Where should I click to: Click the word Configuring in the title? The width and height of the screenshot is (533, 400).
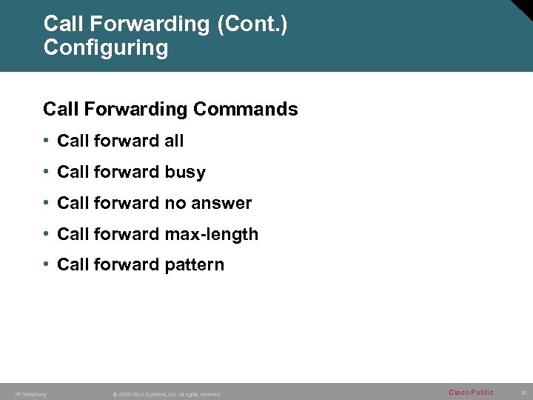[x=106, y=48]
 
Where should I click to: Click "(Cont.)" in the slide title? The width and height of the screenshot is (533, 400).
[x=252, y=24]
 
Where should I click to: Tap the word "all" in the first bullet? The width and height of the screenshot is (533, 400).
[x=173, y=141]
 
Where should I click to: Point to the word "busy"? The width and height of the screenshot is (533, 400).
[x=185, y=173]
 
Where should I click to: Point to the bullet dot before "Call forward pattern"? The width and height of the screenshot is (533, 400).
[x=47, y=264]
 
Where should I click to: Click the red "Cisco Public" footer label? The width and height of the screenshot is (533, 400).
[x=471, y=393]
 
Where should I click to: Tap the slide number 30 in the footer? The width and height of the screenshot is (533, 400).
[x=523, y=393]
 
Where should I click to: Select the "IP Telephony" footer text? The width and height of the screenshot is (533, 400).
[x=30, y=394]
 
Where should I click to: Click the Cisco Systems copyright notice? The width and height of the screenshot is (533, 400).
[x=167, y=394]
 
